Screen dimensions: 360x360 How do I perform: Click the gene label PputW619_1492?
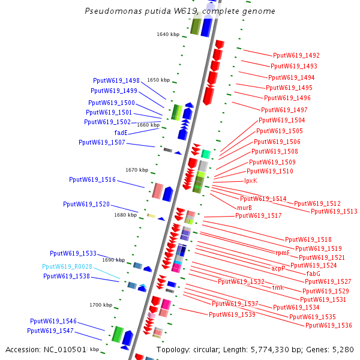tap(296, 55)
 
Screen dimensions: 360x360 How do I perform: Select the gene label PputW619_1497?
tap(284, 110)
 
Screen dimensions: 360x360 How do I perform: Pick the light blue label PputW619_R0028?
tap(67, 266)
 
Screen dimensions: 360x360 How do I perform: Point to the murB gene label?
tap(244, 208)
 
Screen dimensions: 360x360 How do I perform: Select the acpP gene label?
tap(278, 268)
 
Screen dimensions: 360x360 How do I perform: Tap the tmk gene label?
tap(277, 287)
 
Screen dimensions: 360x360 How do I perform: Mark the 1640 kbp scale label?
tap(168, 34)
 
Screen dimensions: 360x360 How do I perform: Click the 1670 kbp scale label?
tap(137, 170)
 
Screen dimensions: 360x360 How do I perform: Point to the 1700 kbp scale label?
tap(101, 305)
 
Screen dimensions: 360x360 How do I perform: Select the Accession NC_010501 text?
tap(45, 349)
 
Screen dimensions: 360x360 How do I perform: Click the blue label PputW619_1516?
tap(92, 179)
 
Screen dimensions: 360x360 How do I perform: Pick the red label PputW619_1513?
tap(334, 211)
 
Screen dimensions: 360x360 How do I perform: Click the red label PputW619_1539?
tap(232, 314)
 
